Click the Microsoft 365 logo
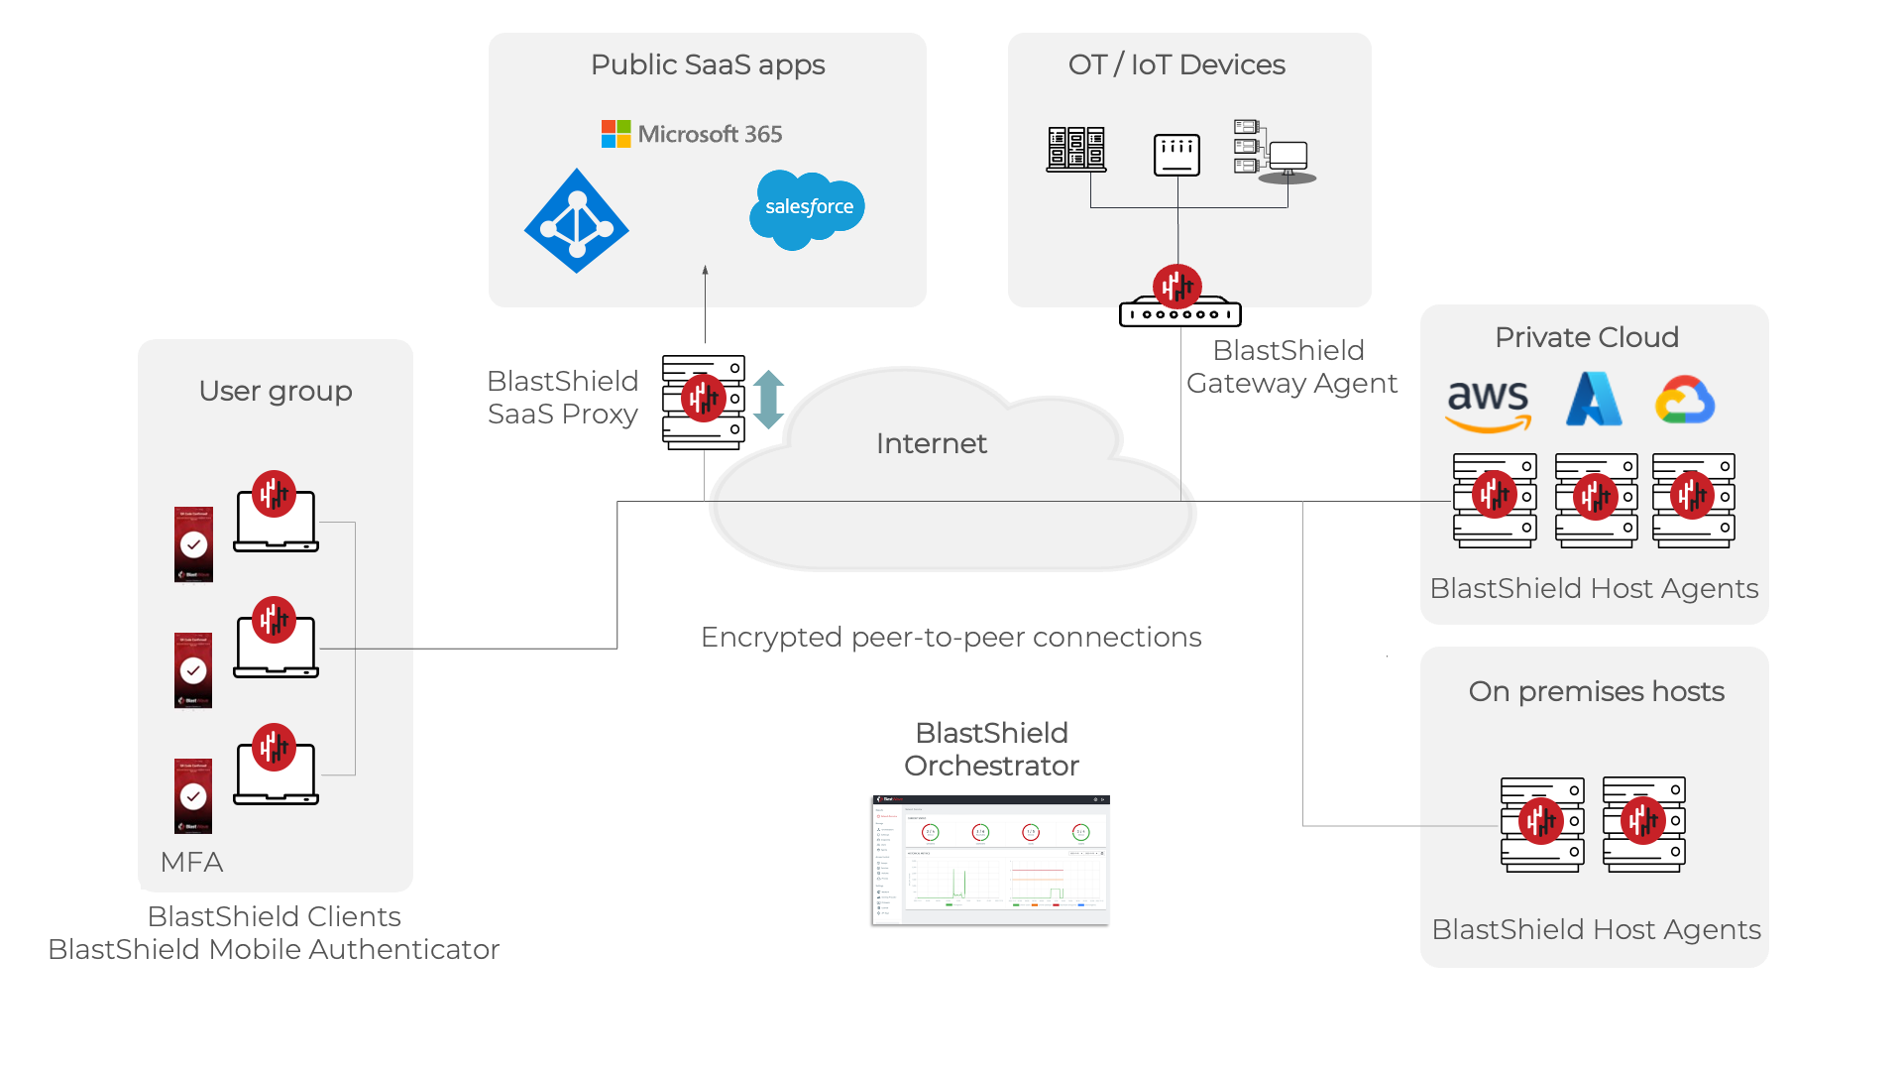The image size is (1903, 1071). click(x=692, y=134)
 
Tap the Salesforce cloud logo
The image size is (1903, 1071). click(x=807, y=208)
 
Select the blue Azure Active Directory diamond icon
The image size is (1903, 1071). click(x=577, y=221)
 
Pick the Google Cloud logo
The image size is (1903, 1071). click(x=1684, y=401)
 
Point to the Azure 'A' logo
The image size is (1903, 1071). click(x=1594, y=400)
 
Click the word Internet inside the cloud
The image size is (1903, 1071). click(x=931, y=443)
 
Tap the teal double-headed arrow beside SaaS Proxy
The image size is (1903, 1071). click(x=768, y=399)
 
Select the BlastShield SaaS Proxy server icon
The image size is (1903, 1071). click(x=704, y=402)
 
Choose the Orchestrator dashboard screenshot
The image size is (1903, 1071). click(x=990, y=860)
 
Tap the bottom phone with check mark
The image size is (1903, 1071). click(x=193, y=796)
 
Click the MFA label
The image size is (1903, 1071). click(x=191, y=862)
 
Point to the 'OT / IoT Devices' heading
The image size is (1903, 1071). click(x=1176, y=65)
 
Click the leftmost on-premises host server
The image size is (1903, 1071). click(x=1542, y=824)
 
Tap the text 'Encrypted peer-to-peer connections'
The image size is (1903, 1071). click(x=951, y=637)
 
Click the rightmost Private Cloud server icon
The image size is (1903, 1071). click(x=1693, y=500)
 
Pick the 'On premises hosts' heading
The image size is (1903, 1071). click(x=1596, y=691)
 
